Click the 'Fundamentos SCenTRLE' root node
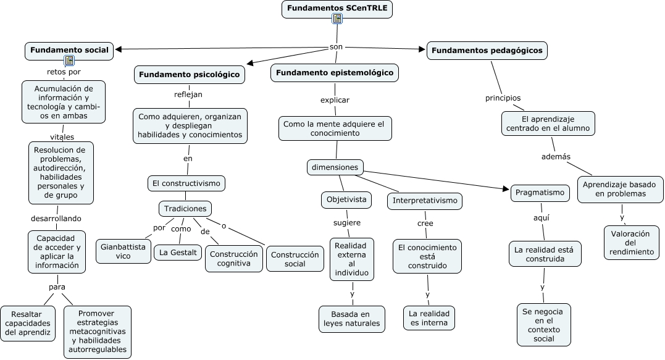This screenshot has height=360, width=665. tap(337, 7)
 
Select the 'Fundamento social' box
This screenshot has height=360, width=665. tap(69, 50)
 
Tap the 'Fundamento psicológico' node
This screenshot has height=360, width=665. tap(190, 75)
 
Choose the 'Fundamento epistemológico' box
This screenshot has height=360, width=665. tap(335, 73)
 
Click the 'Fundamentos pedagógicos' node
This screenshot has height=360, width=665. tap(487, 50)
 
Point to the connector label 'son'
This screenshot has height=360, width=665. tap(336, 47)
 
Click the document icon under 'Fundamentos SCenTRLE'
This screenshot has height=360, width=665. tap(337, 19)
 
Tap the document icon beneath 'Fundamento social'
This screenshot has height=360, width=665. tap(69, 61)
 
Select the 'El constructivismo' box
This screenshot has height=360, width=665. tap(186, 183)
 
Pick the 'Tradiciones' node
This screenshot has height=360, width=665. tap(185, 209)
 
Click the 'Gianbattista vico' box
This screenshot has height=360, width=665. tap(123, 251)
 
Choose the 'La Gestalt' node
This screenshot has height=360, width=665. tap(178, 252)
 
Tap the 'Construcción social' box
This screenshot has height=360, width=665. tap(295, 259)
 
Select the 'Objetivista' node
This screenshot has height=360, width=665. tap(346, 199)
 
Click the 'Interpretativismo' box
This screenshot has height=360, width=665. tap(425, 201)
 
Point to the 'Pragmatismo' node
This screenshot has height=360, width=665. tap(539, 193)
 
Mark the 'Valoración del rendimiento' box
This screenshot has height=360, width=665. tap(630, 243)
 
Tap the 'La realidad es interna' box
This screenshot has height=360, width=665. tap(429, 318)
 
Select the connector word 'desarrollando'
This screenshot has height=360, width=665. tap(56, 218)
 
